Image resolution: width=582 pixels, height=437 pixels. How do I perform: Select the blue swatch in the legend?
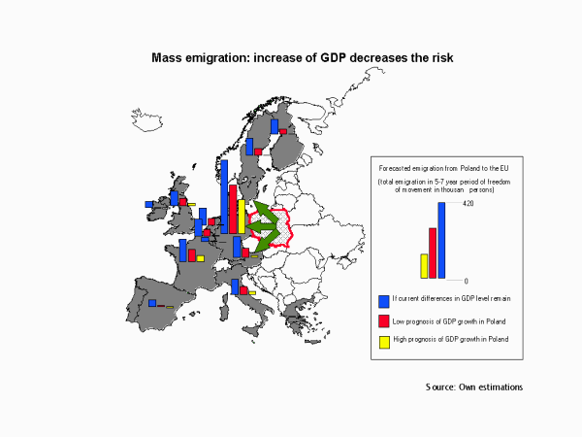pyautogui.click(x=384, y=300)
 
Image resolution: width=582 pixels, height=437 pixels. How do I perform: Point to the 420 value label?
pyautogui.click(x=468, y=203)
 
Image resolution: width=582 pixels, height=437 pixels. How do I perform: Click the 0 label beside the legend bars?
pyautogui.click(x=465, y=281)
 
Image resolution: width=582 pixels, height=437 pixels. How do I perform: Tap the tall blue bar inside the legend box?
pyautogui.click(x=441, y=240)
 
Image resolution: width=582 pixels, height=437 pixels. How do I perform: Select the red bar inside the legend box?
pyautogui.click(x=433, y=252)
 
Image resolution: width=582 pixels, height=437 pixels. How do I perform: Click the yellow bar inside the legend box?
pyautogui.click(x=424, y=265)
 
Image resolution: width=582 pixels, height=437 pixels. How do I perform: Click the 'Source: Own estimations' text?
pyautogui.click(x=474, y=387)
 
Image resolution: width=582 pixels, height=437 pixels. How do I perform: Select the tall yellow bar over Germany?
pyautogui.click(x=242, y=216)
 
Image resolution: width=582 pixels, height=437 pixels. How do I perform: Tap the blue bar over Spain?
pyautogui.click(x=152, y=303)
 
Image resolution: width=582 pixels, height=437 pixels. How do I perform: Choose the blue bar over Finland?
pyautogui.click(x=275, y=125)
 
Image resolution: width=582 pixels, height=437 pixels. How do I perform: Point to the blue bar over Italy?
pyautogui.click(x=236, y=286)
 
